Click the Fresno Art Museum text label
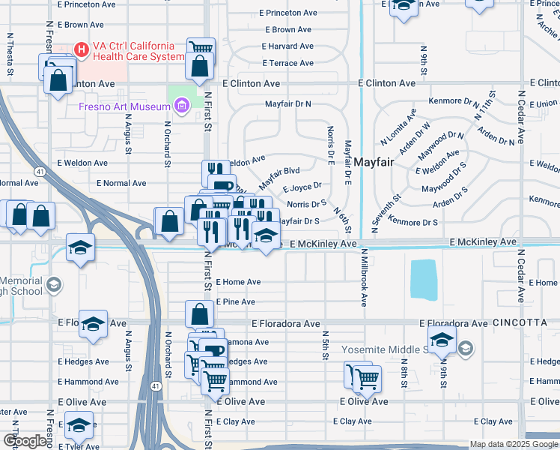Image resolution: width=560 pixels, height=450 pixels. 125,107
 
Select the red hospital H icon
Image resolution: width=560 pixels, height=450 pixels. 82,50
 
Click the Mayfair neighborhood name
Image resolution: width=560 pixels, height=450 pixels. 374,162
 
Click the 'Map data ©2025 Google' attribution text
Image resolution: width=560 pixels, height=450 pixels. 513,444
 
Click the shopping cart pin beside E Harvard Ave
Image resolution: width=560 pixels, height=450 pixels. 200,48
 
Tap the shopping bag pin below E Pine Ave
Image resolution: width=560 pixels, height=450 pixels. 199,314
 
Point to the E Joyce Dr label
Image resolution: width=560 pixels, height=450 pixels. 302,186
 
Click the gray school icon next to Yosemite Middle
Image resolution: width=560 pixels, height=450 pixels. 465,347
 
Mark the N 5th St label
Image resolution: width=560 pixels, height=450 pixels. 326,344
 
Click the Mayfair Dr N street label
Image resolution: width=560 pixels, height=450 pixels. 287,104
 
